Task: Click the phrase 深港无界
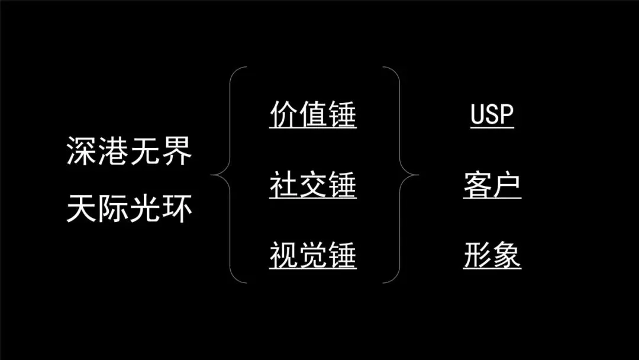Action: pyautogui.click(x=129, y=153)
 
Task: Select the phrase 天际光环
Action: pyautogui.click(x=129, y=209)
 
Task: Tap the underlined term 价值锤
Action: pyautogui.click(x=313, y=114)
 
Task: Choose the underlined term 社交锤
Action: pyautogui.click(x=313, y=185)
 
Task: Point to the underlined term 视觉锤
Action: pyautogui.click(x=313, y=256)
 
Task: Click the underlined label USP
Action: pyautogui.click(x=492, y=114)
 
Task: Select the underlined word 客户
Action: pyautogui.click(x=492, y=185)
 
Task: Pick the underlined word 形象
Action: pyautogui.click(x=492, y=256)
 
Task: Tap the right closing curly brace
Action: pyautogui.click(x=406, y=175)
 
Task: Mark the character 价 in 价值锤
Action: pyautogui.click(x=284, y=114)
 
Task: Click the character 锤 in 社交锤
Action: pyautogui.click(x=342, y=185)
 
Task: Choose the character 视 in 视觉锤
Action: pyautogui.click(x=284, y=256)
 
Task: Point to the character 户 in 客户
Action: pyautogui.click(x=507, y=185)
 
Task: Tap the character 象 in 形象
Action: pyautogui.click(x=507, y=256)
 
